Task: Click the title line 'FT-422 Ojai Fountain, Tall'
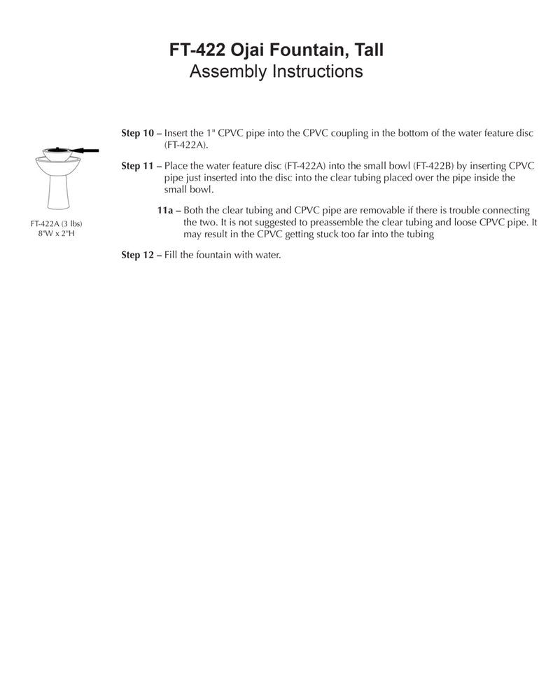coord(276,50)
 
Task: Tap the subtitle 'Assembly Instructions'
coord(276,71)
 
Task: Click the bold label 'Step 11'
coord(137,166)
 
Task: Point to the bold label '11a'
coord(165,211)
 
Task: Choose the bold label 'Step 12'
coord(137,255)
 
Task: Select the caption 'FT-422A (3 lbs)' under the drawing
coord(57,223)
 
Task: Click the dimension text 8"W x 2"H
coord(57,232)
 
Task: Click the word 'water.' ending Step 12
coord(267,255)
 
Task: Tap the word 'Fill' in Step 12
coord(171,255)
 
